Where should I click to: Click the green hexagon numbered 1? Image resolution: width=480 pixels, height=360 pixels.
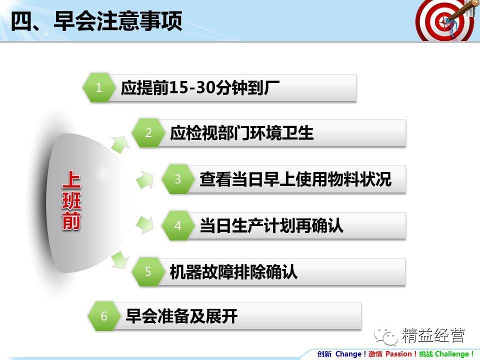point(99,87)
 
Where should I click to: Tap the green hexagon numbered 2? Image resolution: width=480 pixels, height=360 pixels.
point(148,132)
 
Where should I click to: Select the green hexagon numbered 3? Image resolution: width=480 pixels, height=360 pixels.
point(178,179)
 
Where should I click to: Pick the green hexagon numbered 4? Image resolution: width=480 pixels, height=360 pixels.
point(178,225)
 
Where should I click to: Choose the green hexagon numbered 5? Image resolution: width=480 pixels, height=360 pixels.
point(148,271)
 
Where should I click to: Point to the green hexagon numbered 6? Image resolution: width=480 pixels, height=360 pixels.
point(104,316)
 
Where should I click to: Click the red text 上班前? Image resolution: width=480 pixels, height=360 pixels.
point(71,200)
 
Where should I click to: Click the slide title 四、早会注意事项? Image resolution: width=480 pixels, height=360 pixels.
point(96,21)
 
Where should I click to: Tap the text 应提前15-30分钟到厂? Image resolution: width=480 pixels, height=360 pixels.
point(200,88)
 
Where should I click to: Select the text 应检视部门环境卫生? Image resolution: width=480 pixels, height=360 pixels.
point(241,133)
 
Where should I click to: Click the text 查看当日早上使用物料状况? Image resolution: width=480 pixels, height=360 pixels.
point(295,179)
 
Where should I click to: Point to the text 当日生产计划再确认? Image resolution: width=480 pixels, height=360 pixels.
point(271,225)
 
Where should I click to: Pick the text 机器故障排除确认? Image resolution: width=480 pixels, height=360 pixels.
point(233,272)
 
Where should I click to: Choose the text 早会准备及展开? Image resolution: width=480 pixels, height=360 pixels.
point(181,316)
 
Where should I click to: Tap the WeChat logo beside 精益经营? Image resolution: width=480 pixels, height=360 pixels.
point(385,336)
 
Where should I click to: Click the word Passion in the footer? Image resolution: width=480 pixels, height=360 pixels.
point(398,354)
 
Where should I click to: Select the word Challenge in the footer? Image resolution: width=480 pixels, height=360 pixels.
point(452,354)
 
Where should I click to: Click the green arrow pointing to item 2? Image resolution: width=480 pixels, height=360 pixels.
point(120,144)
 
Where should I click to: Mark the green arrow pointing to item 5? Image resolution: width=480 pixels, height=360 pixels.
point(120,260)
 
